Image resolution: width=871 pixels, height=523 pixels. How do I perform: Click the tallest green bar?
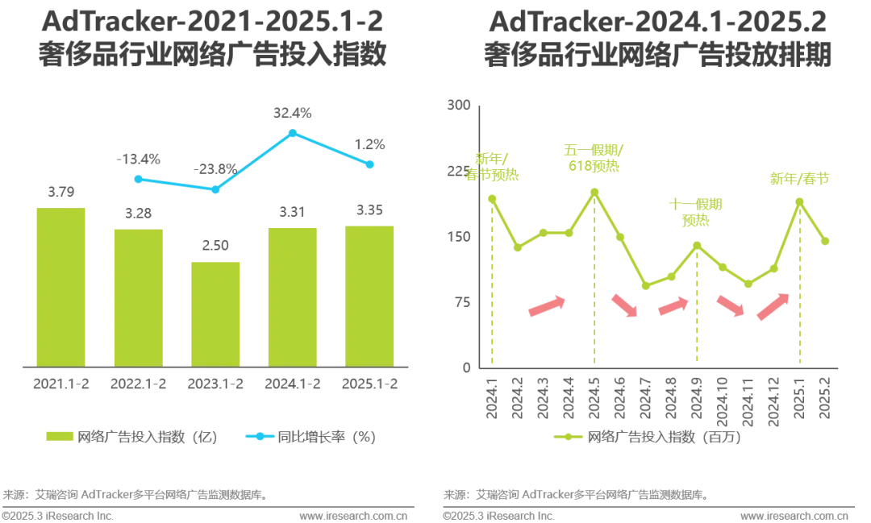click(60, 286)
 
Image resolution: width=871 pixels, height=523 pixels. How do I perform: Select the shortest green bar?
click(215, 312)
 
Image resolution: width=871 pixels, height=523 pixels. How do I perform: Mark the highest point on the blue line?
click(293, 132)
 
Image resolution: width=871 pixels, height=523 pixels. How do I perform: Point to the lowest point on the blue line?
click(215, 191)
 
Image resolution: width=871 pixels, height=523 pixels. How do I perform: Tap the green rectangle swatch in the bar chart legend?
click(60, 436)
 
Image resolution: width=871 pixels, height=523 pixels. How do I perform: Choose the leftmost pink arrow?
click(546, 306)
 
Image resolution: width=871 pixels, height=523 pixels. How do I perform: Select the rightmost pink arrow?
click(773, 306)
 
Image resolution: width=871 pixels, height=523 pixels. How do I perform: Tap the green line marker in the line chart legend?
click(566, 436)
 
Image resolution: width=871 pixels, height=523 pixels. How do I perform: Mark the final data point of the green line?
click(825, 241)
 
